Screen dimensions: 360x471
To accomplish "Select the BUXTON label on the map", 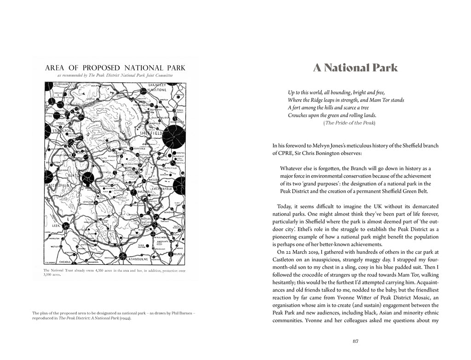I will [x=71, y=175].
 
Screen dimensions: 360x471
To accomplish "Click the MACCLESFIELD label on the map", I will [x=57, y=185].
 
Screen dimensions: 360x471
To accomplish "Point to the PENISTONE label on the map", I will [x=155, y=90].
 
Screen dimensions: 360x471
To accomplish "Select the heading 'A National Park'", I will [x=355, y=68].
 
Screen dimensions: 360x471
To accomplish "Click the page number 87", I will [x=355, y=341].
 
